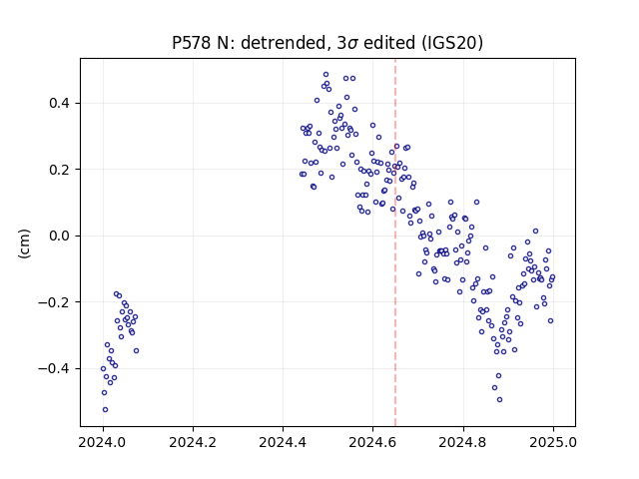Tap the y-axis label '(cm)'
(x=24, y=243)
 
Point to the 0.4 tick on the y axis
(x=59, y=103)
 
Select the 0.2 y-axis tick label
(x=59, y=170)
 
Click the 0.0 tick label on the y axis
(x=59, y=236)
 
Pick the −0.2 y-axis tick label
(x=54, y=302)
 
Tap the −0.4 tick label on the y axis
(x=54, y=368)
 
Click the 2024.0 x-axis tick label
(x=103, y=442)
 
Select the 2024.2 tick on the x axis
(x=193, y=442)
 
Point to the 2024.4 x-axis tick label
(x=283, y=442)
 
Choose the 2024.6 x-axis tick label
(x=372, y=442)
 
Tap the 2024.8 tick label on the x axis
(x=463, y=442)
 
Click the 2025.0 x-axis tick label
(x=553, y=442)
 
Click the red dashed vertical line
(x=395, y=242)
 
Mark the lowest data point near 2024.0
(x=105, y=409)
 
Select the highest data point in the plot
(x=326, y=75)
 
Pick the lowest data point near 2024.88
(x=499, y=399)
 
